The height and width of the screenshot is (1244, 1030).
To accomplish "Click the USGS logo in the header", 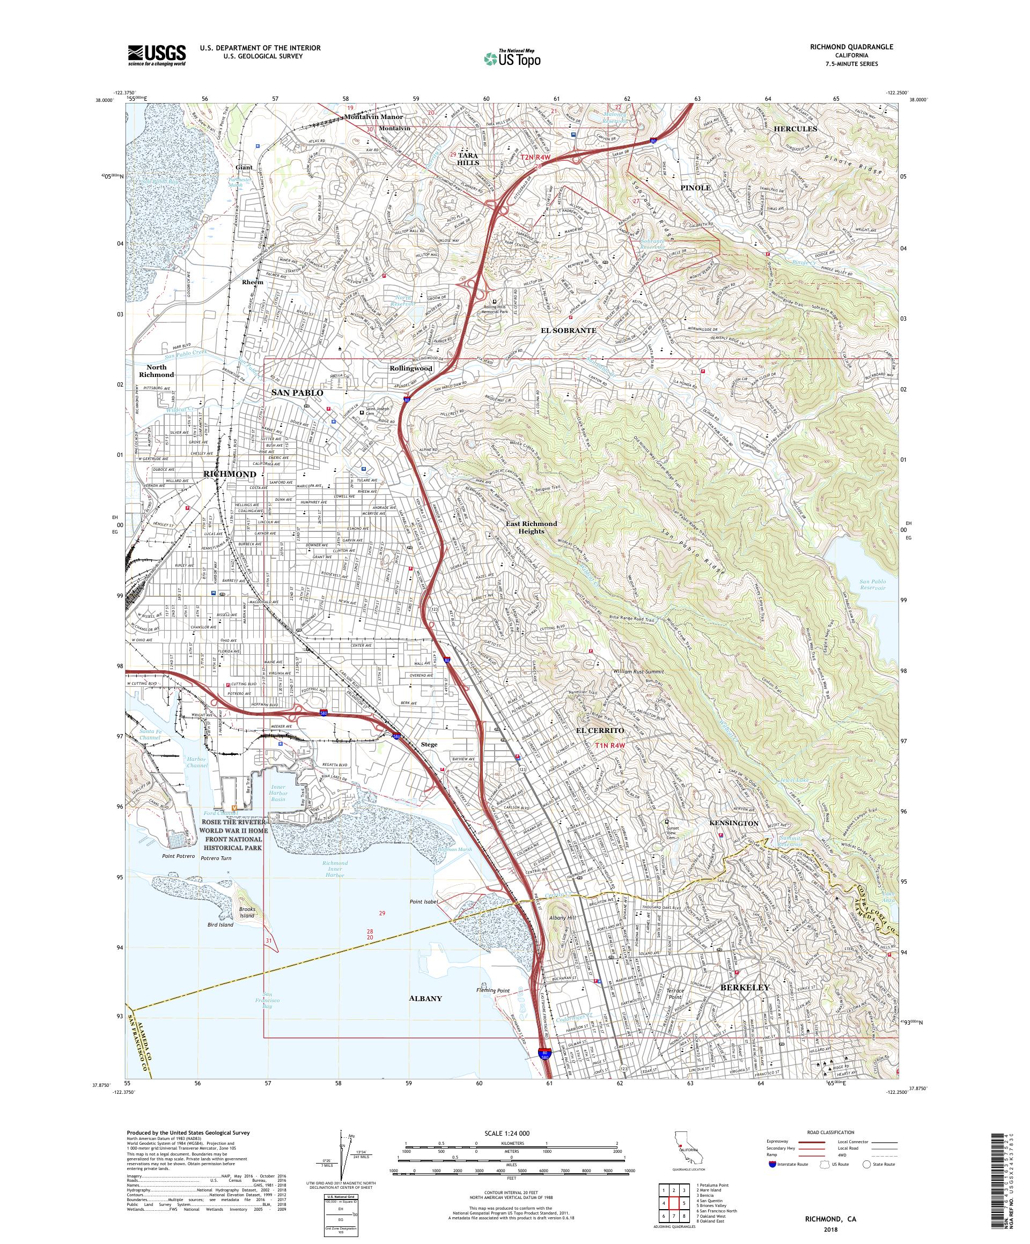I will click(x=157, y=56).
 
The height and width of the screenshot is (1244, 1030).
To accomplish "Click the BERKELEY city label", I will click(x=745, y=988).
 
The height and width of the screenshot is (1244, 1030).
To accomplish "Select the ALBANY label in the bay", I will click(x=425, y=998).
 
